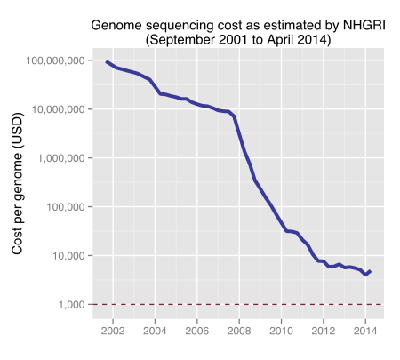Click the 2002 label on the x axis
(113, 333)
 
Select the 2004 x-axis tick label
(155, 333)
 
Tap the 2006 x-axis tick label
(196, 333)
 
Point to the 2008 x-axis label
(239, 333)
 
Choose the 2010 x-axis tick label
(281, 333)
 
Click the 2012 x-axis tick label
(323, 333)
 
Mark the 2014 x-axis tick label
(364, 333)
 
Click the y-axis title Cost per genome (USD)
(17, 188)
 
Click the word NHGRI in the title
(359, 25)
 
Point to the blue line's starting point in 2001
(106, 61)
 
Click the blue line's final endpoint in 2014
(371, 271)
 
